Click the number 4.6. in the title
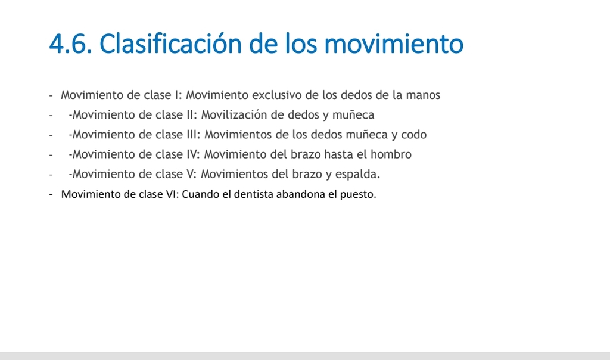coord(70,43)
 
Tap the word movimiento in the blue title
coord(394,43)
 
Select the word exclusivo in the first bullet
coord(277,95)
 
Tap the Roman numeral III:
coord(193,135)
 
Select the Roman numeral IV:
coord(193,154)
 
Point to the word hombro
coord(391,154)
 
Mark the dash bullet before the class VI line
coord(51,194)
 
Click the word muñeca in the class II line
coord(353,115)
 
